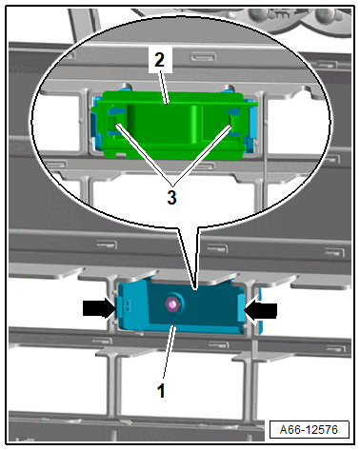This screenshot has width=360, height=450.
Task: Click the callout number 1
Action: click(x=161, y=390)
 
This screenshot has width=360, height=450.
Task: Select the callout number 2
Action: click(x=160, y=59)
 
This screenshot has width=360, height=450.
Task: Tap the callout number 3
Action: click(x=171, y=197)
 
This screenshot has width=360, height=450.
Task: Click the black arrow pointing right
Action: click(x=100, y=308)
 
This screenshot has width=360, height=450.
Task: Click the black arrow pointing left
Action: click(x=260, y=310)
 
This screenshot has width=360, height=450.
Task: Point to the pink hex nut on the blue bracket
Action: click(x=172, y=304)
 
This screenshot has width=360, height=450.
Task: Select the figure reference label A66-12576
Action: click(x=309, y=430)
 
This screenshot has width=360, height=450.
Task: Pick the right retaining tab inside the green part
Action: click(x=234, y=121)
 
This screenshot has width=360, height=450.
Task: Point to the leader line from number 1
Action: click(x=169, y=351)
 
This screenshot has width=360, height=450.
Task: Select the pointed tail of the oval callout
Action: click(x=194, y=288)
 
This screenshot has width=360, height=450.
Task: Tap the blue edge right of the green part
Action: click(x=252, y=127)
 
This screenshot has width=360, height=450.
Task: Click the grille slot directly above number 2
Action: click(x=204, y=57)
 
